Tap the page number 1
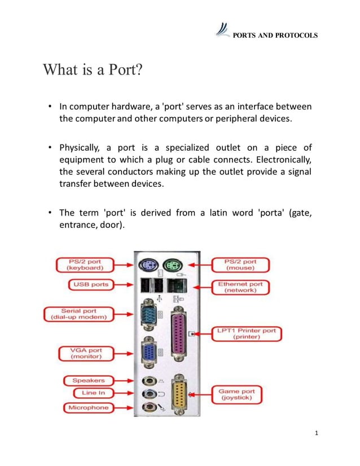click(317, 433)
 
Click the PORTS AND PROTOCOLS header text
click(275, 35)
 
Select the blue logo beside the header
click(223, 30)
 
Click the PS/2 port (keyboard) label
click(85, 265)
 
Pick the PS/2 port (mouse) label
click(242, 265)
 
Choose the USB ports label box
click(91, 284)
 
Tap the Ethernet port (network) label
click(240, 287)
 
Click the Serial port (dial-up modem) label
click(78, 314)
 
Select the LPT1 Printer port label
click(247, 333)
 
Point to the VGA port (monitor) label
click(86, 353)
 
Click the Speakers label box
click(88, 380)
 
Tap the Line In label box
click(89, 393)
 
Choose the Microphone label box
click(88, 407)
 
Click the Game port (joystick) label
click(240, 394)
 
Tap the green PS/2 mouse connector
click(172, 265)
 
